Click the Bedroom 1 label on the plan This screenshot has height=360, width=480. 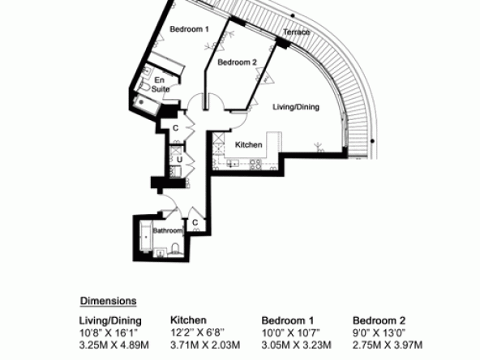(x=190, y=29)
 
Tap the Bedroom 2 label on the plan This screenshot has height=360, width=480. (x=238, y=62)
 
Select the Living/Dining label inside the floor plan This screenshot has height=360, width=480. (x=296, y=107)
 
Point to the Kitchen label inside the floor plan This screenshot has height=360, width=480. (x=249, y=145)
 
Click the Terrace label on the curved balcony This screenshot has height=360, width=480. (x=296, y=32)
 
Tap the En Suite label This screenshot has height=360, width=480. (x=160, y=85)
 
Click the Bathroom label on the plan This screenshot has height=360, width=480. (x=168, y=230)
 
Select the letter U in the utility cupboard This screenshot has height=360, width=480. (x=179, y=160)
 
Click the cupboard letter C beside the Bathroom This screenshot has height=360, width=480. (x=195, y=222)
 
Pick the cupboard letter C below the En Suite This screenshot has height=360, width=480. (x=175, y=128)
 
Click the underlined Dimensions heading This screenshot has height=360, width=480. (x=108, y=301)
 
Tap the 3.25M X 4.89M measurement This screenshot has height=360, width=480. (x=114, y=345)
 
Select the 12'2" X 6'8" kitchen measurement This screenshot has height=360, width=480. (x=197, y=332)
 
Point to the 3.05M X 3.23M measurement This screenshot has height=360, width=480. (x=296, y=345)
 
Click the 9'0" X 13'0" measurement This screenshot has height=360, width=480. (x=379, y=332)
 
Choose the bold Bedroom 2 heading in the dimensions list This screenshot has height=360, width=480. (x=379, y=320)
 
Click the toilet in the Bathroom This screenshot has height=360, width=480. (x=175, y=249)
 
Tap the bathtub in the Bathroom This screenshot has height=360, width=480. (x=146, y=237)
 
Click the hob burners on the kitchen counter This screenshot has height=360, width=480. (x=255, y=165)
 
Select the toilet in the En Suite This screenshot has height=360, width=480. (x=144, y=86)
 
